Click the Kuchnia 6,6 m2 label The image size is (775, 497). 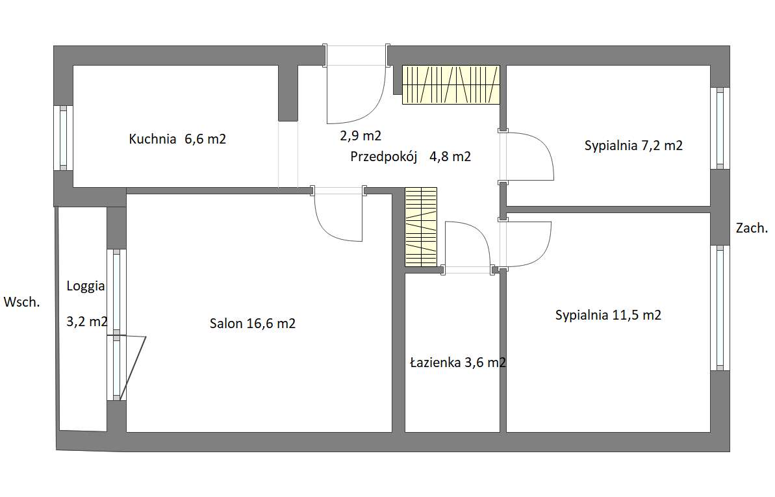[x=177, y=139]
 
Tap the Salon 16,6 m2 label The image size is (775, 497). [x=253, y=324]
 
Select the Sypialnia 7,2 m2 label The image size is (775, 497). [x=633, y=146]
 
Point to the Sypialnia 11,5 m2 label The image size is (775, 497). [x=608, y=315]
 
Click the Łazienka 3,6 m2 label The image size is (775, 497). [x=458, y=363]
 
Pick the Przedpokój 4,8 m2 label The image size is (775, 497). [x=410, y=157]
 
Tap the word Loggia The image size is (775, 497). [x=86, y=287]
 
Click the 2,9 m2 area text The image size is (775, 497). [x=361, y=136]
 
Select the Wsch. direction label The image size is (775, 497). [x=21, y=302]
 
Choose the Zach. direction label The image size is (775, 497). [x=752, y=228]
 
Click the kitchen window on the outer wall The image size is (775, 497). [x=63, y=138]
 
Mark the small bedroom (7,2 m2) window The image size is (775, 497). [x=720, y=128]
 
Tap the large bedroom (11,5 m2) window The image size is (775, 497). [x=720, y=308]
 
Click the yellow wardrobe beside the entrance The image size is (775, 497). [x=451, y=84]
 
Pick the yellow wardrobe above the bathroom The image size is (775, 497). [x=420, y=227]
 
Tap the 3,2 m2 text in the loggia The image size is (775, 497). [x=87, y=322]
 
